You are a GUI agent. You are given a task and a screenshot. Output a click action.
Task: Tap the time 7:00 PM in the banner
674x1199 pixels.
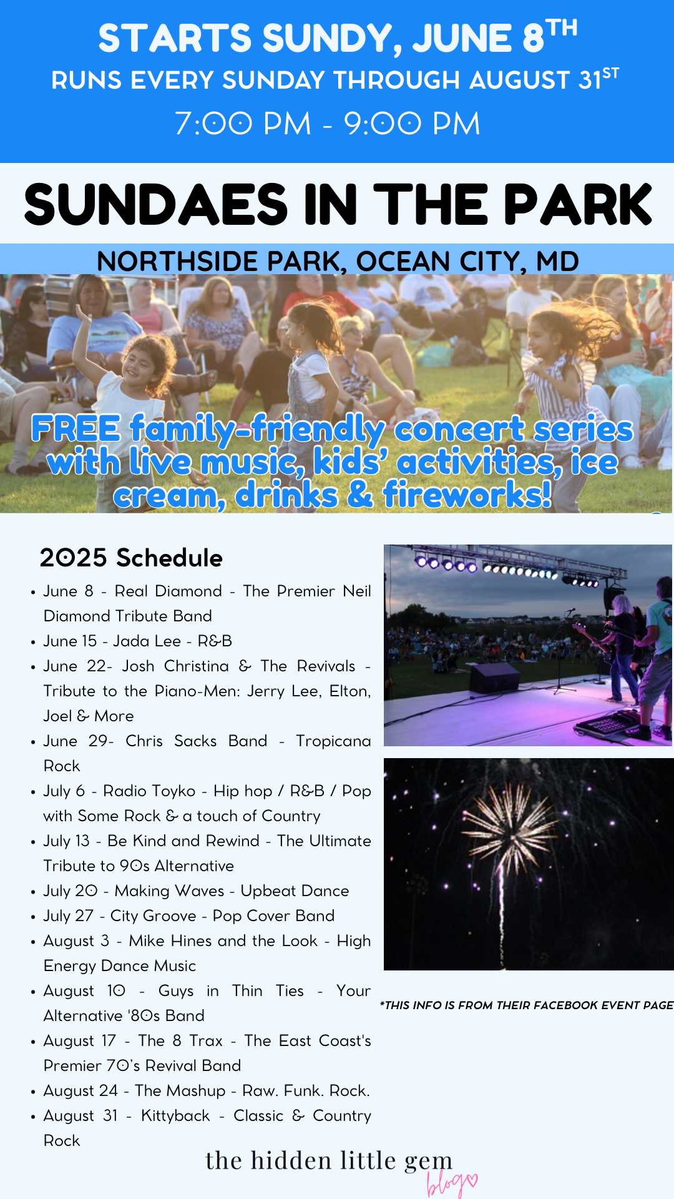(x=243, y=123)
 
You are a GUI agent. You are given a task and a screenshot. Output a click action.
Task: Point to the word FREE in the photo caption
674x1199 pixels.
(x=76, y=428)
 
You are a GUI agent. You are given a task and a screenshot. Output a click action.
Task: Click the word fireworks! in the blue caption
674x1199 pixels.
(x=467, y=495)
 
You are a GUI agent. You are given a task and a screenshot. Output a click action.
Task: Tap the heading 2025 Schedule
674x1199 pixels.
(x=131, y=558)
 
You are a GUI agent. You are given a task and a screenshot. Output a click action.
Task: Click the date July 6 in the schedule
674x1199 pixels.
(x=64, y=791)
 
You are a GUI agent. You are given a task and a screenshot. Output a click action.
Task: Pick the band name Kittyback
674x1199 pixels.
(x=175, y=1116)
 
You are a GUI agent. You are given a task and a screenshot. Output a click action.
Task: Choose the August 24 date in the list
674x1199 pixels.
(x=81, y=1091)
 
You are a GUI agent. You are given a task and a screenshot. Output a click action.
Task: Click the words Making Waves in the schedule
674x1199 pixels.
(x=169, y=891)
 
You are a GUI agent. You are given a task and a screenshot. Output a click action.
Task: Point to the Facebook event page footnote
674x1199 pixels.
(x=527, y=1005)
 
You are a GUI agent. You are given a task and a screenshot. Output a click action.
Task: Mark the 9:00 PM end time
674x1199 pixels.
(x=412, y=123)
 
